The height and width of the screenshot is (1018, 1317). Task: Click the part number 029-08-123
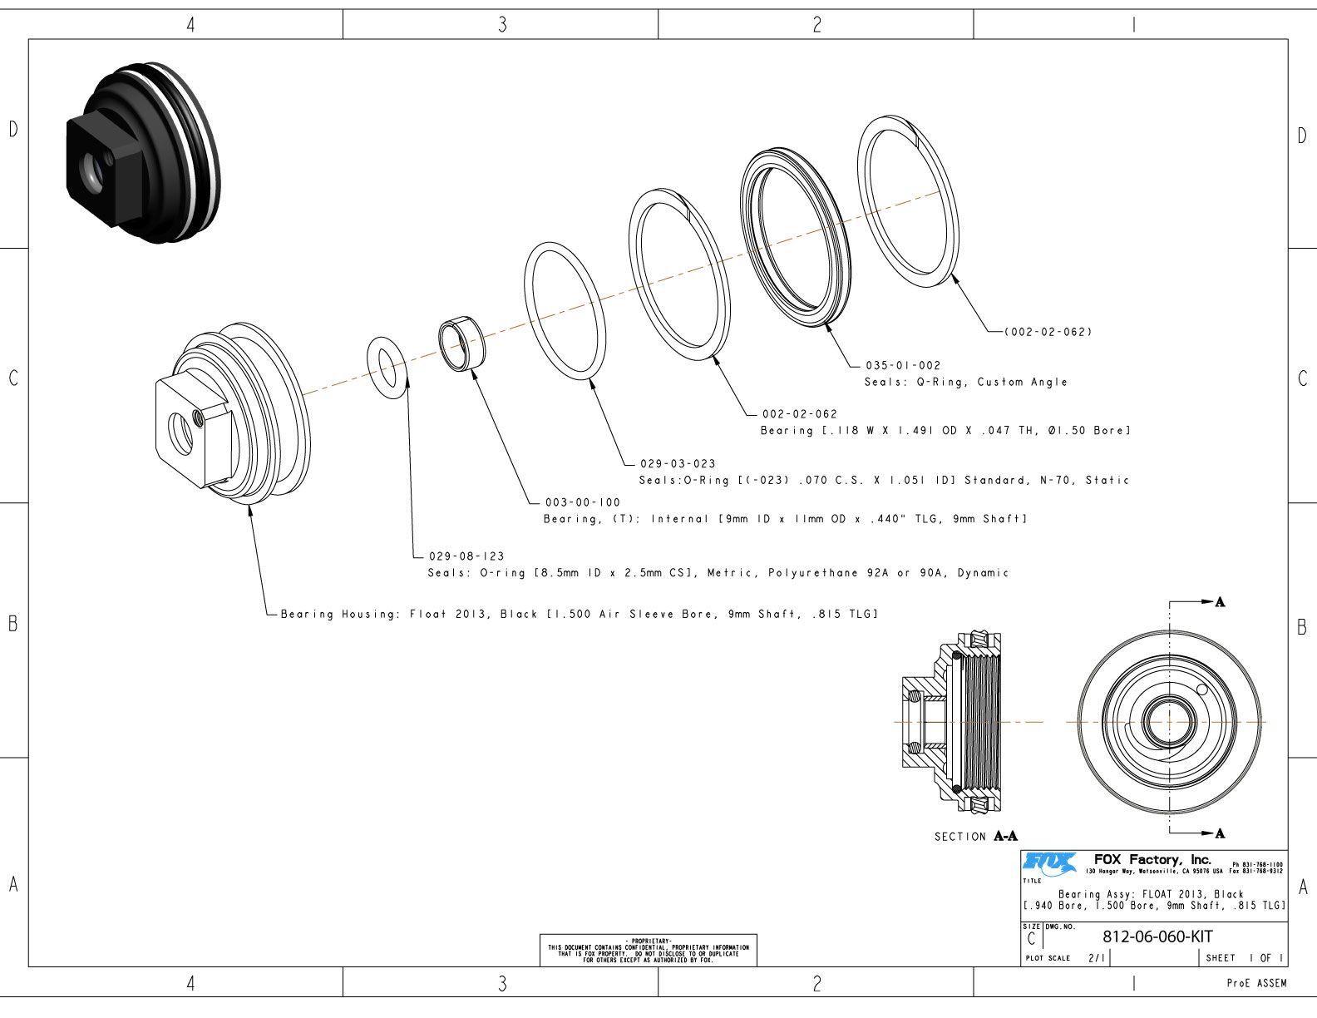(466, 556)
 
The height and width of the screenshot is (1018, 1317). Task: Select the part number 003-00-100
(582, 502)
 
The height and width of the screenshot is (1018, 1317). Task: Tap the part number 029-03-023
(678, 463)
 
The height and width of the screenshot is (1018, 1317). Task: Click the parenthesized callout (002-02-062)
(1048, 332)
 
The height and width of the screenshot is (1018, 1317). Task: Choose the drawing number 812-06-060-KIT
(1157, 936)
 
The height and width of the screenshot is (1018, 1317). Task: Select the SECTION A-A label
(975, 836)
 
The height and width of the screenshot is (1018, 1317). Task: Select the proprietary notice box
(649, 950)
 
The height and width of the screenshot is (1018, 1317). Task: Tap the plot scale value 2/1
(1096, 958)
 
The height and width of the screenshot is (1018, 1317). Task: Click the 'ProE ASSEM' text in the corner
(1256, 983)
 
